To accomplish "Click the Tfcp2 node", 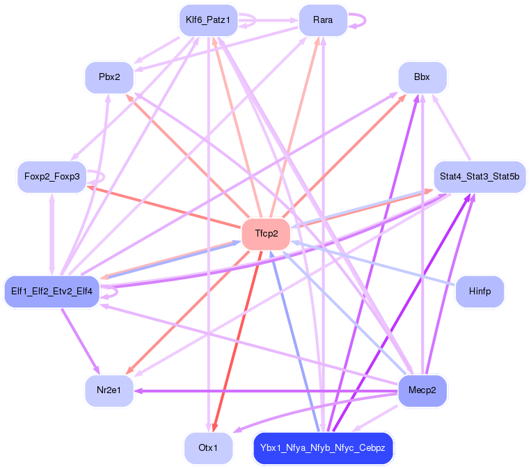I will (266, 234).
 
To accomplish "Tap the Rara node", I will (322, 20).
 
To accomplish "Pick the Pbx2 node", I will (109, 77).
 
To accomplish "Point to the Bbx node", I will (422, 77).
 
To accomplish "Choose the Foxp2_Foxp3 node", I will (51, 177).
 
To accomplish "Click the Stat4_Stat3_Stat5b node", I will (480, 177).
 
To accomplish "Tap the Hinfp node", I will (480, 292).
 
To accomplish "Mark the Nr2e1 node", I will (109, 390).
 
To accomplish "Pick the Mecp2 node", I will (422, 390).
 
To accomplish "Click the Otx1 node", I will (208, 447).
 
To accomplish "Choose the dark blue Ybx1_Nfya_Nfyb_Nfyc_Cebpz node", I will (323, 447).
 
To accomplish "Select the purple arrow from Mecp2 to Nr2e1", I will (264, 390).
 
